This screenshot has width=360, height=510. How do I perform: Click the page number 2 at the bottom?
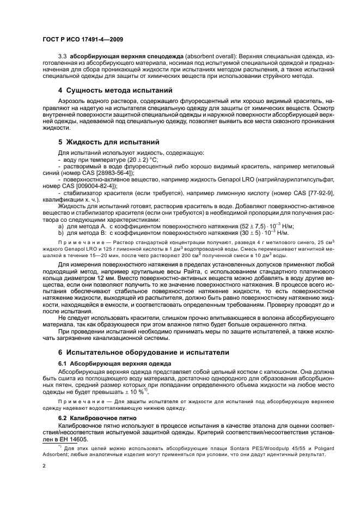44,466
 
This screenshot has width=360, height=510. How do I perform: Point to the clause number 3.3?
62,57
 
